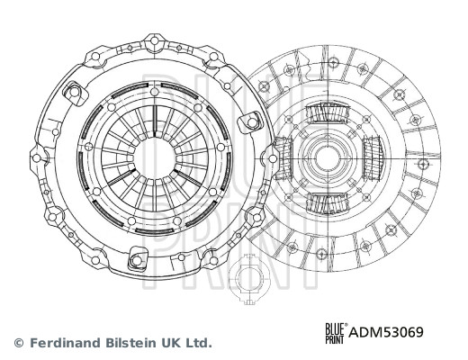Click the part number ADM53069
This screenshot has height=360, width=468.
point(386,332)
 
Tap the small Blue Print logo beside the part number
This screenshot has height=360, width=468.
point(337,333)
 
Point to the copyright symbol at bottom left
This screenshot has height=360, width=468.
point(19,343)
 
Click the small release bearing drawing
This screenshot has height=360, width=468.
point(249,279)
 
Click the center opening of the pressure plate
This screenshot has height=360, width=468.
point(155,158)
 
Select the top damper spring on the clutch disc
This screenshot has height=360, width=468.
point(328,112)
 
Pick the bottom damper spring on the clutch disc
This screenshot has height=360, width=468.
point(328,203)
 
